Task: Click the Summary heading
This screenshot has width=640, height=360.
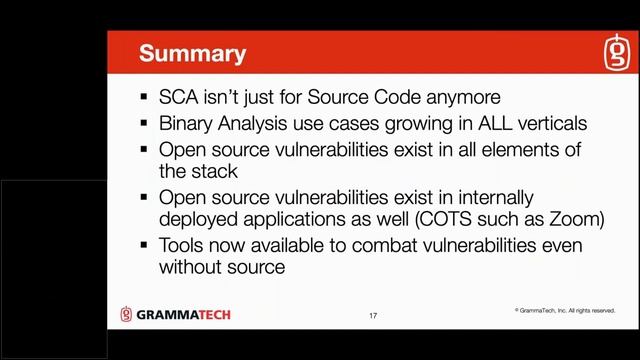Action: point(192,53)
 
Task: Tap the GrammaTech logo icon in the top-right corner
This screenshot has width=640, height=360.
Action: point(614,54)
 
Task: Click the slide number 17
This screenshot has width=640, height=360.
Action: point(373,316)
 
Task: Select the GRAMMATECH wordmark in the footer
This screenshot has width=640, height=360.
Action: point(184,315)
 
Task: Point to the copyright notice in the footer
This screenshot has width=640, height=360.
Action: point(565,311)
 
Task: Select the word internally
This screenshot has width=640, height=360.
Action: point(497,196)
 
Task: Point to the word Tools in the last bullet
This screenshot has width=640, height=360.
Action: point(182,245)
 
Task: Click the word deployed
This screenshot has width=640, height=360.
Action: point(196,219)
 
